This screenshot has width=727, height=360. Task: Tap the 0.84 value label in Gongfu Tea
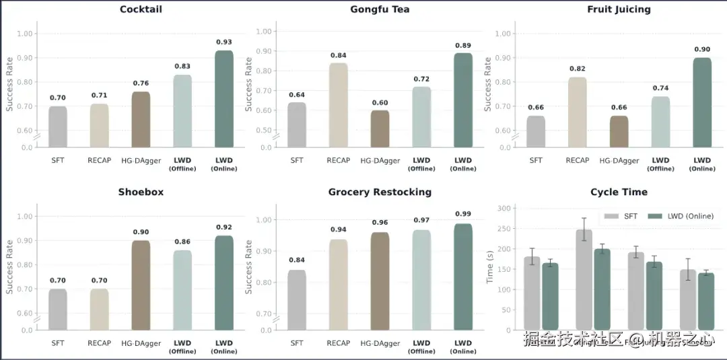click(339, 55)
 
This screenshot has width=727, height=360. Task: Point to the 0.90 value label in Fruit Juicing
click(702, 49)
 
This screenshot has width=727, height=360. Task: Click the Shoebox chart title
click(141, 192)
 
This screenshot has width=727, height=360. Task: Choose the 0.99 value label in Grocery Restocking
click(462, 214)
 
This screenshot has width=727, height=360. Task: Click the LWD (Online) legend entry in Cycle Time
click(690, 216)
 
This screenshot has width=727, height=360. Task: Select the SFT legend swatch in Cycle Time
click(611, 216)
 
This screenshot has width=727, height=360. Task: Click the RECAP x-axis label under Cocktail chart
click(99, 160)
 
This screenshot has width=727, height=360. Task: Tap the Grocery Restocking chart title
click(380, 192)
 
